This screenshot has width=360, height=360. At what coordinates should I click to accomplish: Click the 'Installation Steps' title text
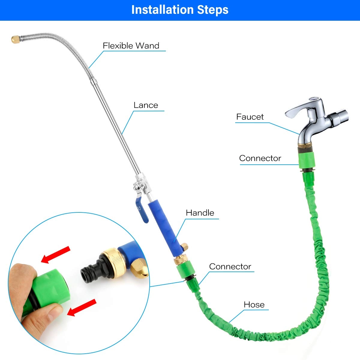(x=180, y=10)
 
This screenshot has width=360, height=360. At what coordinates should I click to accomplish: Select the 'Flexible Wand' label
(x=131, y=46)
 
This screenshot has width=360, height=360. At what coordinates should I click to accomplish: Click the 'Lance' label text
(x=145, y=105)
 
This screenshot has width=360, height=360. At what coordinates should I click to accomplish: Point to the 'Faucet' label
(x=250, y=117)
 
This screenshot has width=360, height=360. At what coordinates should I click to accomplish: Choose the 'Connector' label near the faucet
(x=260, y=158)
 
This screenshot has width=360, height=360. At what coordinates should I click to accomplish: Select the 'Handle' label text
(x=200, y=213)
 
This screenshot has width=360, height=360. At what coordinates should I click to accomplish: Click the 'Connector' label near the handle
(x=230, y=266)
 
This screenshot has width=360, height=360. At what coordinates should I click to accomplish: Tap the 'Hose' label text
(x=254, y=304)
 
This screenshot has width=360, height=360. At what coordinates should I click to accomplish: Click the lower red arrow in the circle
(x=82, y=307)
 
